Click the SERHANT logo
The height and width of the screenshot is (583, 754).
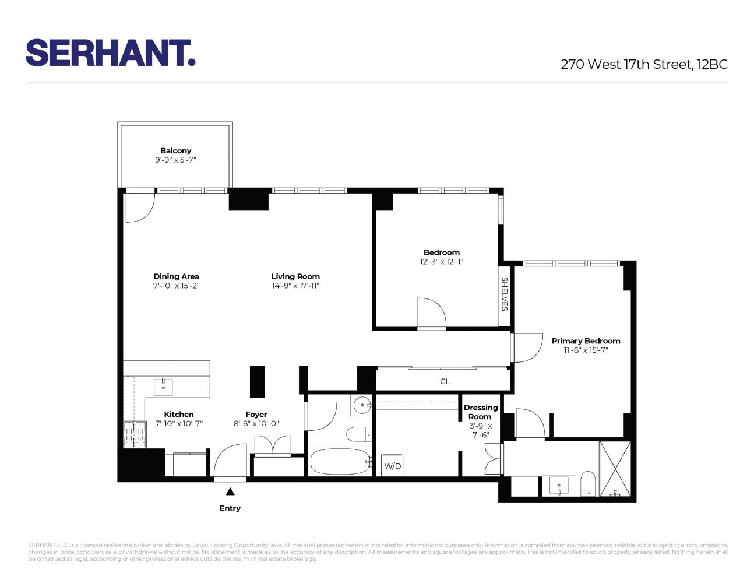coord(110,53)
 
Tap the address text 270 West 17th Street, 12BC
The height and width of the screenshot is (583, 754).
coord(644,65)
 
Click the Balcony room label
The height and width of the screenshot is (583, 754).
coord(175,150)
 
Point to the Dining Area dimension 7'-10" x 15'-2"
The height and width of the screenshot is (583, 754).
coord(176,286)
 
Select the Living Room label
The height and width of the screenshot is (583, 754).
coord(295,276)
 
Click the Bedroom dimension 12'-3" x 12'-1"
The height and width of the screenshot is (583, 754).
coord(441,262)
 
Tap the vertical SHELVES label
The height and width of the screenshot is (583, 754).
coord(505,294)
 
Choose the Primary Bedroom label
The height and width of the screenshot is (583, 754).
coord(586,341)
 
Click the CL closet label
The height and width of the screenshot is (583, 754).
coord(445,381)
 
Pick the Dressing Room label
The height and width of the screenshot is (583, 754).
coord(480,412)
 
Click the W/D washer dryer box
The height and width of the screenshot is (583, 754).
coord(392,466)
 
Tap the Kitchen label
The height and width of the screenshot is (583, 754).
coord(178,414)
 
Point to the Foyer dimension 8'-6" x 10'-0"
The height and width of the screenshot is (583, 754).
coord(256,424)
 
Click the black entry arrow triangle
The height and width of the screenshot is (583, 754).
coord(230,491)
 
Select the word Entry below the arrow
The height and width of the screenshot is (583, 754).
coord(230,508)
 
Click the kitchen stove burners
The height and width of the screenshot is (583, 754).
coord(135,435)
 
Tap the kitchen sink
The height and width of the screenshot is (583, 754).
coord(163,387)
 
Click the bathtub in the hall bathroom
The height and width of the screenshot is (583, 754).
coord(339,462)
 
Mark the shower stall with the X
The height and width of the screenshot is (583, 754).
coord(615,469)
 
